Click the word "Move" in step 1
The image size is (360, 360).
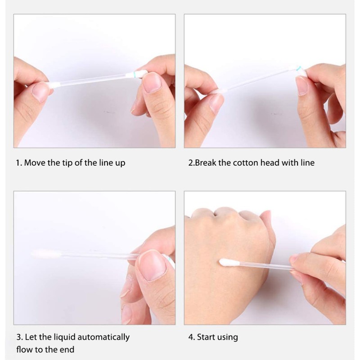pyautogui.click(x=35, y=163)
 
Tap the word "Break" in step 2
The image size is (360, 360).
pyautogui.click(x=206, y=163)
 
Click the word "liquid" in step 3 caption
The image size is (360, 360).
pyautogui.click(x=64, y=337)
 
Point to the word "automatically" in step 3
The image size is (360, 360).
pyautogui.click(x=103, y=337)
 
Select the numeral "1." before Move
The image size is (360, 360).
pyautogui.click(x=19, y=163)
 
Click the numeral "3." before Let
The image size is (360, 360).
pyautogui.click(x=19, y=337)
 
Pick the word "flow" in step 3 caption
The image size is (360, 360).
pyautogui.click(x=25, y=350)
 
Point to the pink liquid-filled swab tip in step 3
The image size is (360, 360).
pyautogui.click(x=46, y=254)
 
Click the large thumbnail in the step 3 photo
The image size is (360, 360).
pyautogui.click(x=152, y=265)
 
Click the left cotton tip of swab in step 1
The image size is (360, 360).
pyautogui.click(x=54, y=85)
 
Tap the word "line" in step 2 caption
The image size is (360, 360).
pyautogui.click(x=307, y=163)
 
